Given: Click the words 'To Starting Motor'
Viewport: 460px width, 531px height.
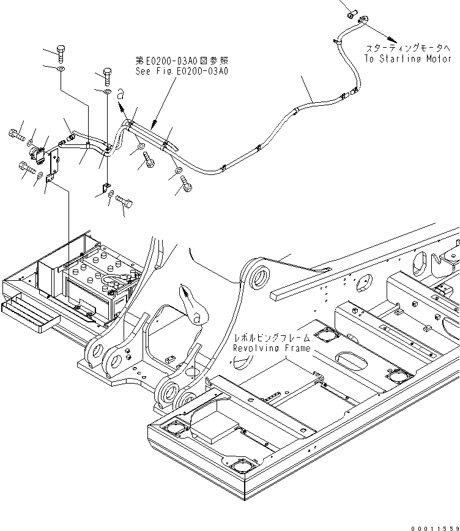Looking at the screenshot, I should [407, 59].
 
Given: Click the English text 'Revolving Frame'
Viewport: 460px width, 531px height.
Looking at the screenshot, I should [271, 348].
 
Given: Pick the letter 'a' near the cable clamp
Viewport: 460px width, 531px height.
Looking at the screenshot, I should [121, 94].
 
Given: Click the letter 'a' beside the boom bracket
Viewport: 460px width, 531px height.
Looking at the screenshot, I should [196, 317].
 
